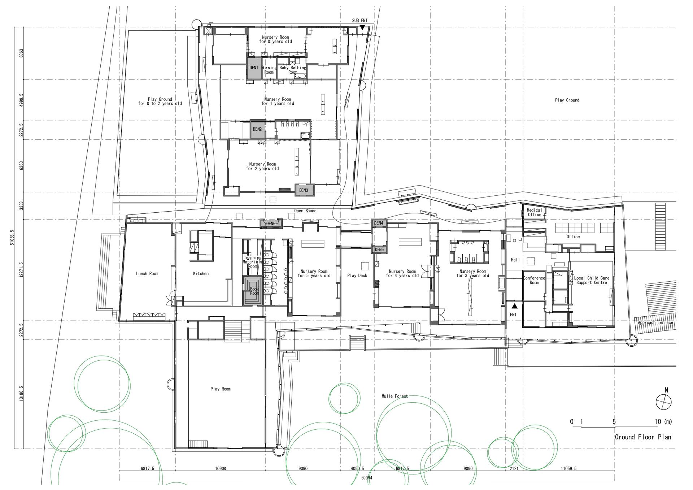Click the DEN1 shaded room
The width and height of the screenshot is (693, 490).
coord(254,68)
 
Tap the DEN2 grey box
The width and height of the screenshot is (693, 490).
coord(257,129)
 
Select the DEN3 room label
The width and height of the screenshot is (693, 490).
coord(304,190)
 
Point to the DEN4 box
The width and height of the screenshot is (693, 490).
coord(379,223)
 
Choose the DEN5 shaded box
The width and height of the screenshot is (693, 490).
coord(379,250)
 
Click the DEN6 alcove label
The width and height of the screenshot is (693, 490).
coord(271,224)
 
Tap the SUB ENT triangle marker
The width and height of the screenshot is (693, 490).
coord(362,27)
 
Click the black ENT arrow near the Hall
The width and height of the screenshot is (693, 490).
coord(515,306)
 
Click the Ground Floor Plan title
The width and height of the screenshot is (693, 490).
coord(643,437)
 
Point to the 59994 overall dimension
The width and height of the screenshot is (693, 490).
coord(367,477)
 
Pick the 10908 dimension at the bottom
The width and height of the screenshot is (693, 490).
coord(221,469)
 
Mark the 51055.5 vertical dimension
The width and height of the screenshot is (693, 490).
coord(12,238)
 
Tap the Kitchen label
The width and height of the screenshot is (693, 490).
coord(201,274)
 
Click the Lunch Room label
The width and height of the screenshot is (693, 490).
coord(147,274)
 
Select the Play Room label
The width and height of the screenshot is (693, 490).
coord(220,389)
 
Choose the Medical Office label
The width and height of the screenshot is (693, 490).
coord(535,212)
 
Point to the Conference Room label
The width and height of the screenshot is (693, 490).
coord(534,280)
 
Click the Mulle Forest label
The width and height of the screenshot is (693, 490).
coord(395,396)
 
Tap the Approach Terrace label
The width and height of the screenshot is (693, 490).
coord(655,322)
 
